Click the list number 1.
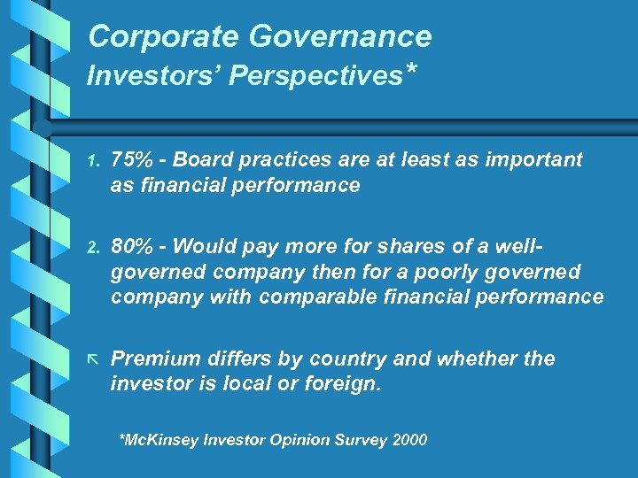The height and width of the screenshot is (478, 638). point(95,161)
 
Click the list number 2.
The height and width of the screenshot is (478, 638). point(95,248)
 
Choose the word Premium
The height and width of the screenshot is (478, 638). point(154,358)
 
